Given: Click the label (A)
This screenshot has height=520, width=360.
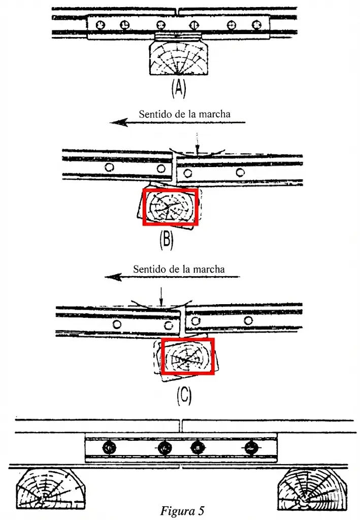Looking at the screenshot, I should [178, 89].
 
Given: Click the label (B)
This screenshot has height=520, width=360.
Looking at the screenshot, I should [166, 240].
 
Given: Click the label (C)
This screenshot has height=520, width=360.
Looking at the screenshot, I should [184, 396].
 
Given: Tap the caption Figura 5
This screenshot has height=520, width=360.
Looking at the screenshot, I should [182, 510].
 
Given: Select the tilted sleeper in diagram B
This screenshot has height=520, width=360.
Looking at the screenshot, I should [170, 207].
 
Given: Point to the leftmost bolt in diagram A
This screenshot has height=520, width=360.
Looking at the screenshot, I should [101, 24].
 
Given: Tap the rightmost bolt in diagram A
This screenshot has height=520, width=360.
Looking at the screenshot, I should [256, 24].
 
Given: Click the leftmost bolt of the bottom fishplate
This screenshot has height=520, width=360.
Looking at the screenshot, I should [110, 448].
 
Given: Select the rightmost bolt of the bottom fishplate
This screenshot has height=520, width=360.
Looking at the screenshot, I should [250, 448].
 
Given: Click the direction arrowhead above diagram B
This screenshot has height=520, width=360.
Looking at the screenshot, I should [118, 122].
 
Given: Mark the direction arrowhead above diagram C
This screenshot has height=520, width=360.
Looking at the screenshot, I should [112, 277].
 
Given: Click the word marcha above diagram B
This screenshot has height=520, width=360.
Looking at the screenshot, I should [214, 114].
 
